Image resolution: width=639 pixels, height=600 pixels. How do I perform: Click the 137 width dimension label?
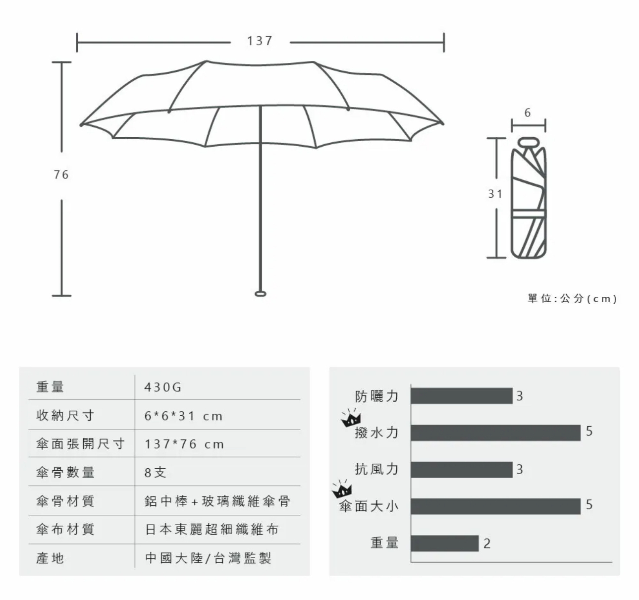coord(260,41)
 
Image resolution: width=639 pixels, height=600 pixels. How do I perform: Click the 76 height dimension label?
coord(61,175)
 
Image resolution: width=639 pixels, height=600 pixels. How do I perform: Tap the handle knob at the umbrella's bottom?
coord(260,294)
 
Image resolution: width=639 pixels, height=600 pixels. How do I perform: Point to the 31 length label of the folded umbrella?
coord(495,194)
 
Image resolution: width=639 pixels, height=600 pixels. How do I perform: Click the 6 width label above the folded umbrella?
coord(528,112)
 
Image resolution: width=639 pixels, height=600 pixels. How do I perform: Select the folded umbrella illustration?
coord(529,198)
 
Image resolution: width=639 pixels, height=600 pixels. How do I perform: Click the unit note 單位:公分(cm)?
coord(572,298)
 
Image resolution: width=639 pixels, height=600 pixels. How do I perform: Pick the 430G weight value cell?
coord(163,387)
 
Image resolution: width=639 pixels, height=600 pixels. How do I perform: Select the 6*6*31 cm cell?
coord(183,416)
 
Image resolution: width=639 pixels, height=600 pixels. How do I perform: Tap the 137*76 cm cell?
coord(184,444)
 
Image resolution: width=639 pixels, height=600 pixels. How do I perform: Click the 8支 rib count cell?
coord(155,473)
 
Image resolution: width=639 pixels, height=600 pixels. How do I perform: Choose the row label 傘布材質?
coord(65,529)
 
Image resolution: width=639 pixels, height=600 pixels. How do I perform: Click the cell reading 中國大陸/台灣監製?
coord(208,558)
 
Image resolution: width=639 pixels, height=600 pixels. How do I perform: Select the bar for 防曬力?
coord(462,396)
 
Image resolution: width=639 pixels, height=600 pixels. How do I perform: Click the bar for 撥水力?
coord(496,433)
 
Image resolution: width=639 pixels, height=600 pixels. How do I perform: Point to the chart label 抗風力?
coord(376,469)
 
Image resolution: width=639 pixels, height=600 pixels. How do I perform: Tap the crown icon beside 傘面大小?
coord(342,489)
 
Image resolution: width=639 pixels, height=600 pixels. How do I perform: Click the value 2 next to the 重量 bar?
coord(487,544)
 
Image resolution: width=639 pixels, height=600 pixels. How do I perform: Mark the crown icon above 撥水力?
coord(351,418)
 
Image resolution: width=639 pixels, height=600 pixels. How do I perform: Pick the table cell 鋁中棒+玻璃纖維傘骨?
coord(217,501)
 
